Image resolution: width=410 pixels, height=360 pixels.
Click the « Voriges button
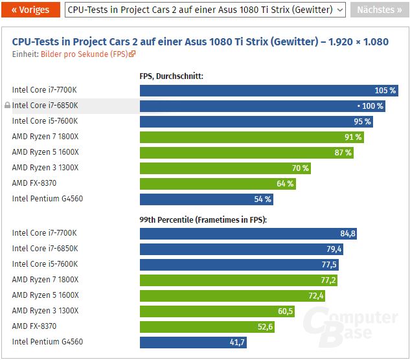pos(30,10)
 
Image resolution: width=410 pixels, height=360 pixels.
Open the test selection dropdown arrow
pos(341,10)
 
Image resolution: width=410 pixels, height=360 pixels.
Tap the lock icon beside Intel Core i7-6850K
pos(7,106)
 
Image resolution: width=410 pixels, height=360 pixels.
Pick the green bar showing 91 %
pos(251,137)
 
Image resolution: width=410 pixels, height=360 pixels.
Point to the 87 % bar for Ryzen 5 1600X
pos(246,152)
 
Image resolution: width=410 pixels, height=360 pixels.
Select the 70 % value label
pos(300,168)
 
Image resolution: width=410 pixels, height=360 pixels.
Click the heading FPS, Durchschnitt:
pos(171,76)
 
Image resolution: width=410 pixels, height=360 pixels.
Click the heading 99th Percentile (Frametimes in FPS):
pos(203,219)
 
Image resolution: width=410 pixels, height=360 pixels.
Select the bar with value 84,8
pos(249,233)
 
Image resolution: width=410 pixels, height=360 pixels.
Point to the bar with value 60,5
pos(217,311)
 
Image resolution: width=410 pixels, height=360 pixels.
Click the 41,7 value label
pos(237,342)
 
